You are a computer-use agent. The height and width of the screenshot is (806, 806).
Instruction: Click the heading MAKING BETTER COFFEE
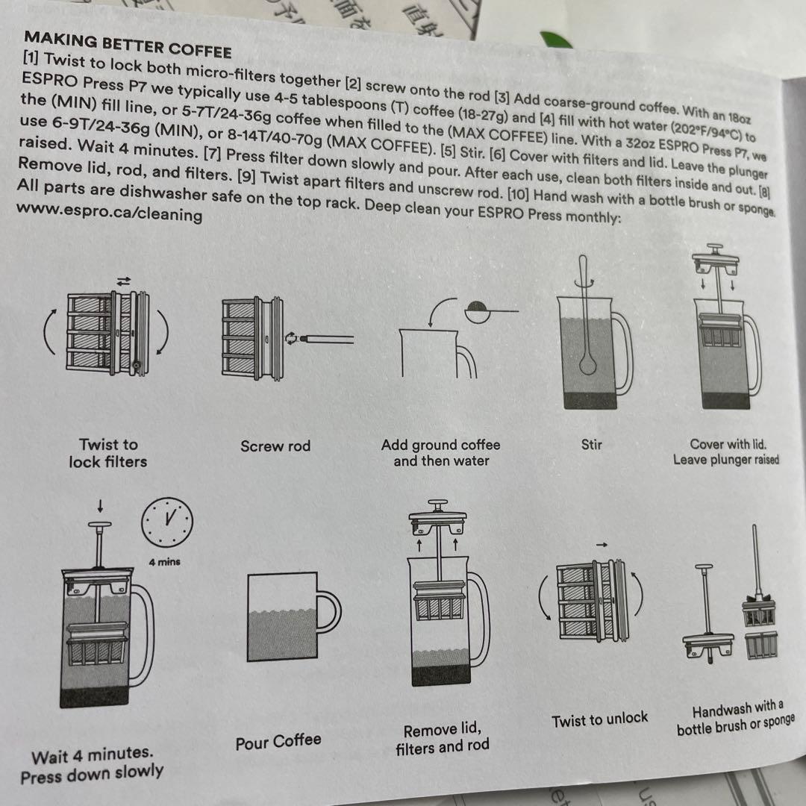128,44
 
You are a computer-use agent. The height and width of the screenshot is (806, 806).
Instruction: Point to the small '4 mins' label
164,561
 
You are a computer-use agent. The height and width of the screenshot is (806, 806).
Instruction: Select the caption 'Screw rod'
275,446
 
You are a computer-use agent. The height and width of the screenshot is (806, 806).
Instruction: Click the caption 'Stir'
591,445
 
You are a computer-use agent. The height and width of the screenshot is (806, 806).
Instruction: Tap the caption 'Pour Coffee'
278,742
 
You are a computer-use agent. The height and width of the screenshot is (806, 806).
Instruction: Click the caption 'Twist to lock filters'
108,453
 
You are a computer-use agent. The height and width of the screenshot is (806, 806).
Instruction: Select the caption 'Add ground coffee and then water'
440,453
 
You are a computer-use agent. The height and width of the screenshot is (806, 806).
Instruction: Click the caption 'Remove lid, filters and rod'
443,737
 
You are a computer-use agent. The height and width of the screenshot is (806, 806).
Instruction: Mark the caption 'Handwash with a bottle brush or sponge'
735,718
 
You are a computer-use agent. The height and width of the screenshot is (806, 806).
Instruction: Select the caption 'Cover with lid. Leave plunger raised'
726,452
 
